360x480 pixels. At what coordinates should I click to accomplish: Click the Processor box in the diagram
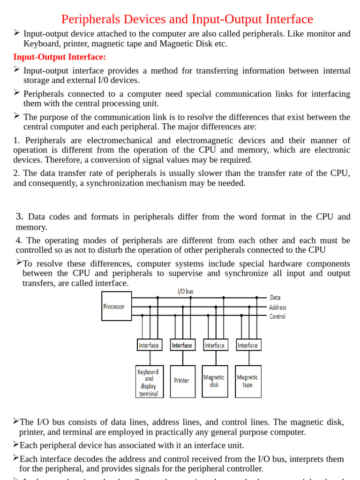pos(116,307)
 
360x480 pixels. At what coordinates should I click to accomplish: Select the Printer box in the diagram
pos(182,381)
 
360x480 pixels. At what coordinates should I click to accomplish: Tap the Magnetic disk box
pos(215,381)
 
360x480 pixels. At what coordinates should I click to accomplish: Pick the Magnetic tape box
pos(247,381)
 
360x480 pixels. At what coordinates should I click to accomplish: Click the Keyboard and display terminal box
pos(149,382)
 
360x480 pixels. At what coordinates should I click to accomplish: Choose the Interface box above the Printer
pos(182,345)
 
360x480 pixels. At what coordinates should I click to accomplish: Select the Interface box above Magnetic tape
pos(248,345)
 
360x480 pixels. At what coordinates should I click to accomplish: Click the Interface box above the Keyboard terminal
pos(149,345)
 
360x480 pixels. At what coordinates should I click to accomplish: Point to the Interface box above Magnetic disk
pos(215,345)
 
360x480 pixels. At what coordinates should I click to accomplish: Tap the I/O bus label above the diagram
pos(186,292)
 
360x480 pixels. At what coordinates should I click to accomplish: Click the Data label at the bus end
pos(276,298)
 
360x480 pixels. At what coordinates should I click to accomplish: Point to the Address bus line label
pos(277,307)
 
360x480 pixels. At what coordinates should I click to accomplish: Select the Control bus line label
pos(277,316)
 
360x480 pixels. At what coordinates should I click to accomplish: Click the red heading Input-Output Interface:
pos(60,57)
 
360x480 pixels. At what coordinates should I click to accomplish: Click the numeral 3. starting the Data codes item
pos(19,217)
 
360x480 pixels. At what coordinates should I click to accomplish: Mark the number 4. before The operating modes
pos(18,240)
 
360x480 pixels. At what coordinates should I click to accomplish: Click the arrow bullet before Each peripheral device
pos(16,444)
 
